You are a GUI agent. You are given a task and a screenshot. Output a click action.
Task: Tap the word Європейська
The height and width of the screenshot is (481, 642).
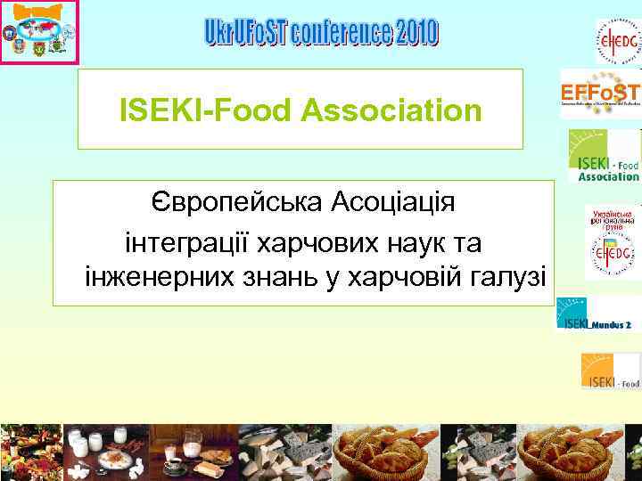point(235,202)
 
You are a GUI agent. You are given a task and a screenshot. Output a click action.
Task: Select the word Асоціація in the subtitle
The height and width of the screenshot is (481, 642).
point(392,202)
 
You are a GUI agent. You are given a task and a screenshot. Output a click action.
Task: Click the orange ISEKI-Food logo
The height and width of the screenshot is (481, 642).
point(610,371)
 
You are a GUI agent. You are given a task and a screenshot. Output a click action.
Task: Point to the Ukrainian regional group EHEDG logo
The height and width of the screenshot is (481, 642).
point(613,242)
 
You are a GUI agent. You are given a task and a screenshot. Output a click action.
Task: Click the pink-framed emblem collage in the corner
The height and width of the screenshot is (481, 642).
point(39,32)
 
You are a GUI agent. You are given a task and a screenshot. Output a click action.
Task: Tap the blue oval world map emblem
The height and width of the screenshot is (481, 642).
point(39,27)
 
